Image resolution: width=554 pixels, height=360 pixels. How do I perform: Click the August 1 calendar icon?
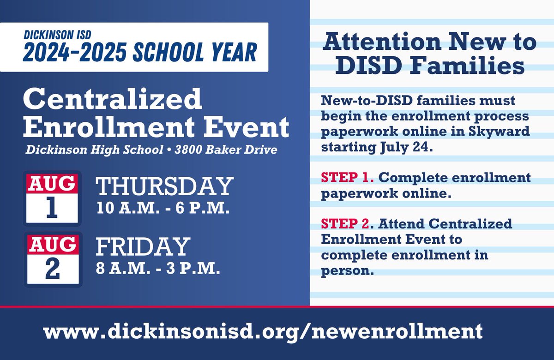point(52,198)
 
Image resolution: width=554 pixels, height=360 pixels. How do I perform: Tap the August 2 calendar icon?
point(52,259)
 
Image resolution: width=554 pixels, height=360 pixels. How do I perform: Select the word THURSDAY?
point(163,187)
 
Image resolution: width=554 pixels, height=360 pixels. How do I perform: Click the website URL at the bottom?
point(263,331)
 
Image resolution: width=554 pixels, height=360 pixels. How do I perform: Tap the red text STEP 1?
point(341,178)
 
